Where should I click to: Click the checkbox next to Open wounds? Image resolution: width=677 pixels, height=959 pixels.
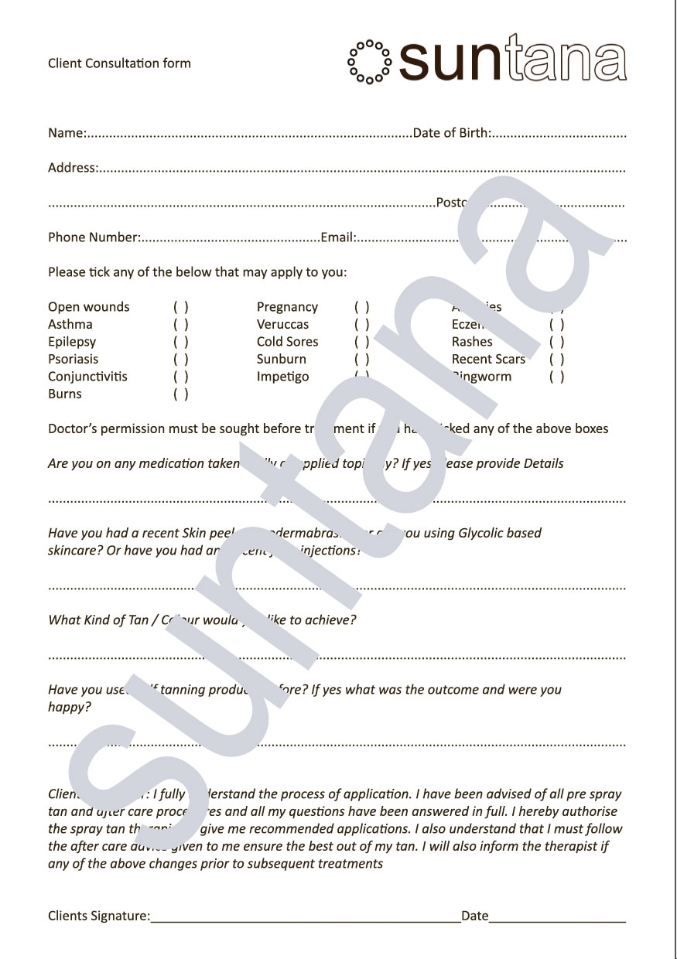tap(181, 307)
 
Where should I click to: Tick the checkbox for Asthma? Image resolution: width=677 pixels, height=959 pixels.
tap(181, 325)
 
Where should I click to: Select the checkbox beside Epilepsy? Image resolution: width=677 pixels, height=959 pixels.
tap(181, 342)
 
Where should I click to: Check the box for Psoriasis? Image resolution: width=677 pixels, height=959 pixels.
tap(181, 360)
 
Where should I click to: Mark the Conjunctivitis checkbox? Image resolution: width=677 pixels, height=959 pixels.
tap(181, 377)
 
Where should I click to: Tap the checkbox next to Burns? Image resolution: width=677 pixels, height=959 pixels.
tap(181, 394)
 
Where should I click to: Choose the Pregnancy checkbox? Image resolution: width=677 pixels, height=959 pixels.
tap(362, 307)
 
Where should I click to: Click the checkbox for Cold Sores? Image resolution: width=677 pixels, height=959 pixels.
tap(362, 342)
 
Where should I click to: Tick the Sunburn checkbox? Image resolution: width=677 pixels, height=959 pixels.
tap(362, 360)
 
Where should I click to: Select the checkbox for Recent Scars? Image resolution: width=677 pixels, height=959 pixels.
tap(557, 360)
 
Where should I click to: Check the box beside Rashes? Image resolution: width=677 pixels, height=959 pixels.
tap(557, 342)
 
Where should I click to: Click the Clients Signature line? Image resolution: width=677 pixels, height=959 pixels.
tap(306, 920)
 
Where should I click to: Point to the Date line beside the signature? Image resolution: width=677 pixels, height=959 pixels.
tap(557, 920)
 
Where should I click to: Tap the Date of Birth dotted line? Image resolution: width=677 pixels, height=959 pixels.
tap(559, 135)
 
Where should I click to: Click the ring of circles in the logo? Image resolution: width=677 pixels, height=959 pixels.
tap(370, 61)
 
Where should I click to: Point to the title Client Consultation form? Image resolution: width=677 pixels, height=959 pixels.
tap(119, 63)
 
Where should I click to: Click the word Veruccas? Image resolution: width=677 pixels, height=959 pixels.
tap(282, 325)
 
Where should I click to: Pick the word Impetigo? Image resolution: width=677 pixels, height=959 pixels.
tap(282, 377)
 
